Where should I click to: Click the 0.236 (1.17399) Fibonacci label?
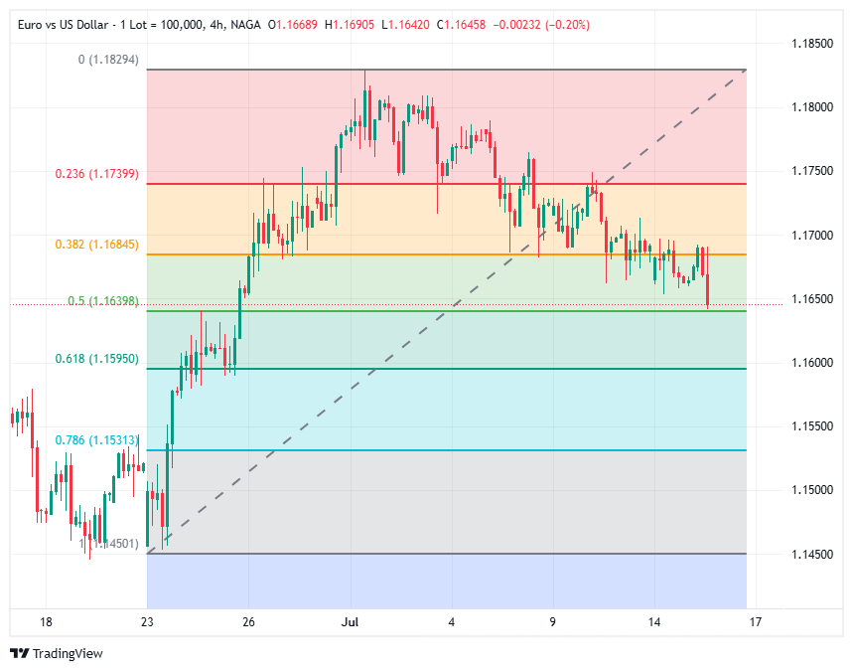[x=96, y=173]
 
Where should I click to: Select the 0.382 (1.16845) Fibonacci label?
[x=96, y=244]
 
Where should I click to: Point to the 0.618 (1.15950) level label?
[x=96, y=358]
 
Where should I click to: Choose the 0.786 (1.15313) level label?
[x=96, y=439]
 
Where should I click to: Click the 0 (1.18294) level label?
[x=108, y=60]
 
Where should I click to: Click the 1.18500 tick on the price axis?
[x=812, y=44]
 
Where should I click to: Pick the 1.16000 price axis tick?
[x=812, y=363]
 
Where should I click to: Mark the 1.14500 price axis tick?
[x=812, y=554]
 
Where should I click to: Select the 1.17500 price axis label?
[x=812, y=171]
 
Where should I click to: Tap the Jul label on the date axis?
[x=350, y=622]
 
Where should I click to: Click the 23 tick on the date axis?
[x=147, y=622]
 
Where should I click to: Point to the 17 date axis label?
[x=756, y=622]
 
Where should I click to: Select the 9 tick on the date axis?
[x=553, y=622]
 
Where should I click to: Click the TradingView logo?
[x=56, y=653]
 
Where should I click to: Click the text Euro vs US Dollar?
[x=61, y=23]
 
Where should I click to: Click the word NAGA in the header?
[x=245, y=23]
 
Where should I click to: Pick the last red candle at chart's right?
[x=707, y=292]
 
